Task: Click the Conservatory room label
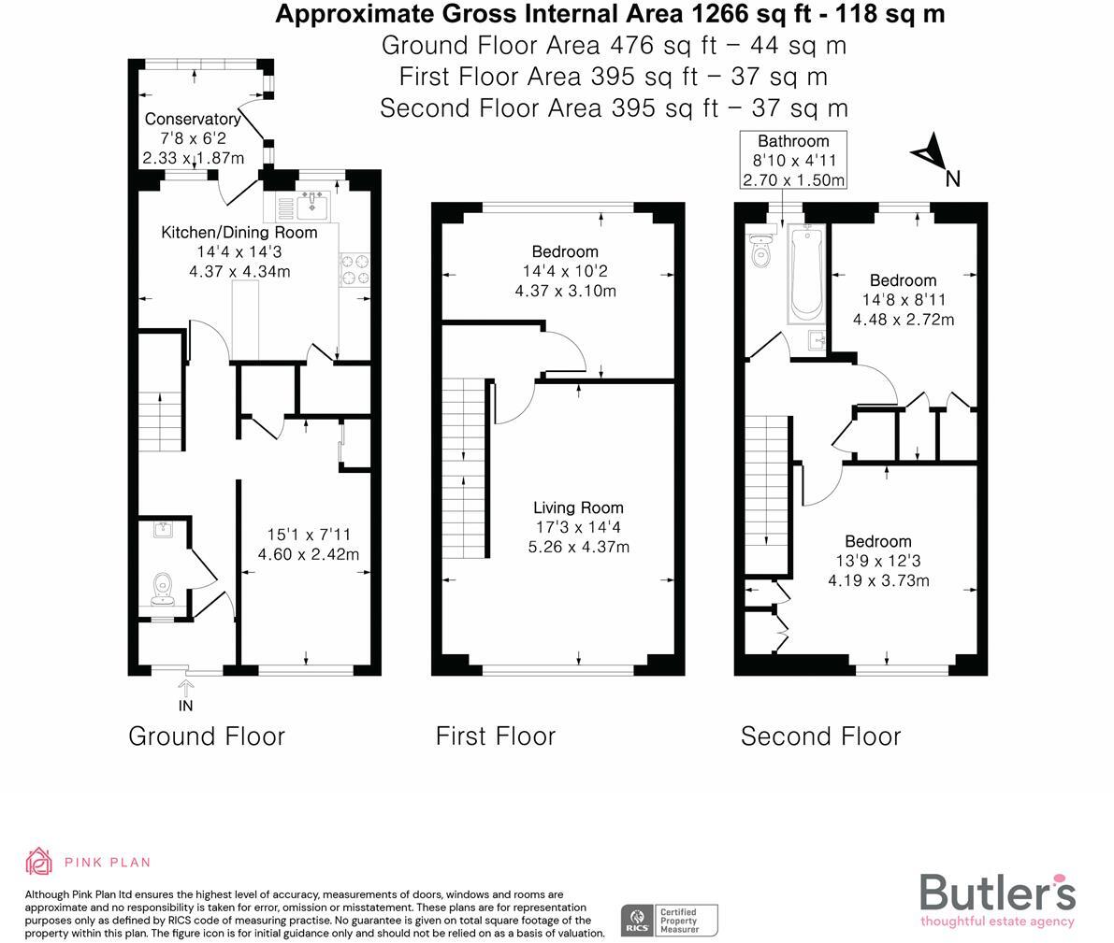(193, 120)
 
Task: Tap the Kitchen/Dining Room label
(239, 233)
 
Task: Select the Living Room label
(578, 507)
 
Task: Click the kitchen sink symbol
(311, 204)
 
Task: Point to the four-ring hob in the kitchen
(354, 269)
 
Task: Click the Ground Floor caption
(206, 736)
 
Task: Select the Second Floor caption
(820, 736)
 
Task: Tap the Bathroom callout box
(793, 161)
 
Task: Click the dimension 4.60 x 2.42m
(308, 554)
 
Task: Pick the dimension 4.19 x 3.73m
(877, 580)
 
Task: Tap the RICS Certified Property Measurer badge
(670, 920)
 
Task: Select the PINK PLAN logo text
(107, 863)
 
